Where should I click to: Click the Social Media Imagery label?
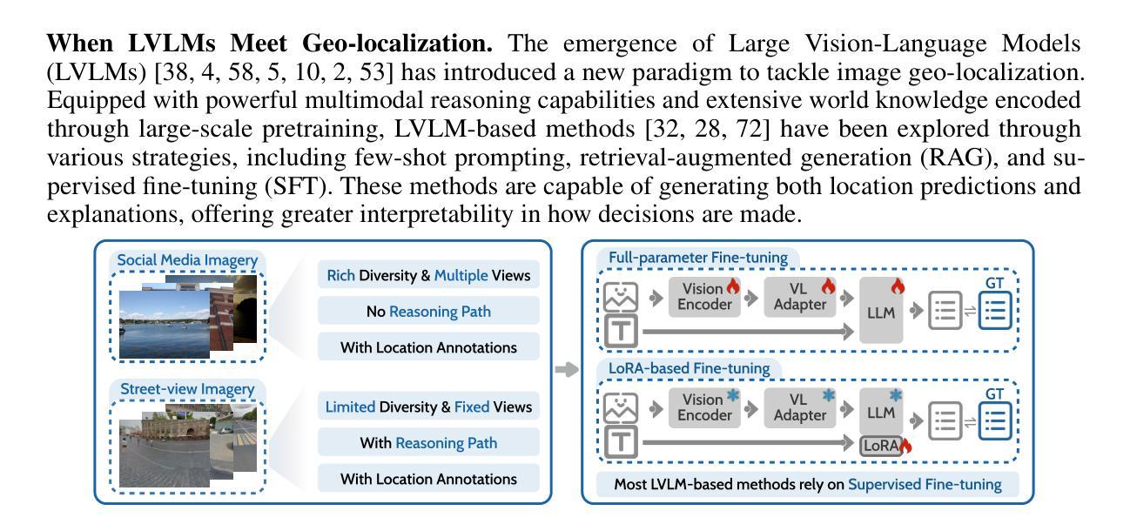tap(187, 260)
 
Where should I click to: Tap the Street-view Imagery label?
tap(187, 389)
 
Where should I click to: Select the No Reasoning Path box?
tap(428, 311)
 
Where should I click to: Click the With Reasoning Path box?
tap(428, 443)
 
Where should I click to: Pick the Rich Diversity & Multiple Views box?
tap(428, 274)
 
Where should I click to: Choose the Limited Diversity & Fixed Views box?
tap(428, 407)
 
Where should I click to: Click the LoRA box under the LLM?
tap(881, 445)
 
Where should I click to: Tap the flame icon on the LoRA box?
tap(905, 446)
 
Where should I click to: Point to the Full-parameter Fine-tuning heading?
tap(698, 258)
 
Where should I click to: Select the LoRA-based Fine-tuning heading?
tap(689, 368)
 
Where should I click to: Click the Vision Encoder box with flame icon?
tap(704, 297)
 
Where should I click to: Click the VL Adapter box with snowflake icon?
tap(800, 407)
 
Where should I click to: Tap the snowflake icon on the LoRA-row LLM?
tap(895, 395)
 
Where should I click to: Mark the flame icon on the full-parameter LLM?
tap(898, 286)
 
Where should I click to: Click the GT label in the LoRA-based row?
tap(994, 394)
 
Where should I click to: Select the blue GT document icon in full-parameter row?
tap(995, 310)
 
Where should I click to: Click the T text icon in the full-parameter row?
tap(621, 331)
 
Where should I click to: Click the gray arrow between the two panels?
tap(567, 369)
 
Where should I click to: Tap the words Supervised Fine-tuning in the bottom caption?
tap(925, 484)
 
